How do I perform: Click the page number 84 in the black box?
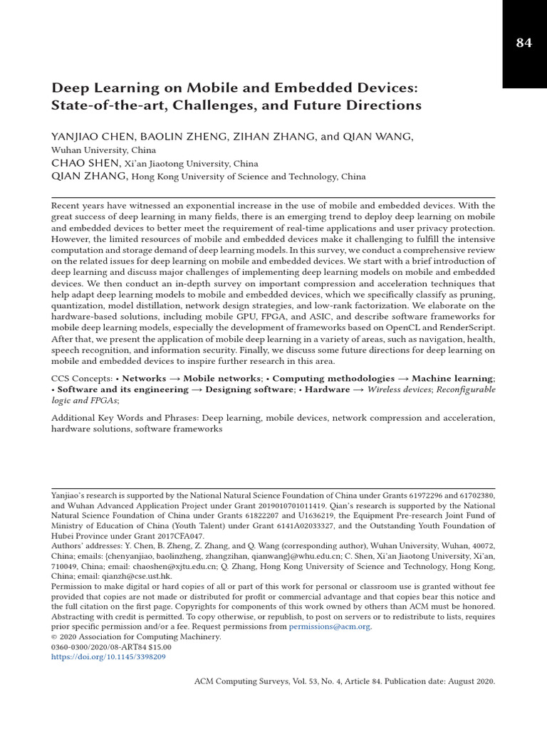tap(523, 43)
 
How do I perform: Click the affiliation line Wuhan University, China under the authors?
tap(103, 150)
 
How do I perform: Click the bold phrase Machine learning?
tap(452, 379)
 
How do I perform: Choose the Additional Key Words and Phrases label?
tap(125, 418)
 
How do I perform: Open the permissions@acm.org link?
tap(330, 627)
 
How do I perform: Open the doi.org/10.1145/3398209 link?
tap(108, 657)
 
